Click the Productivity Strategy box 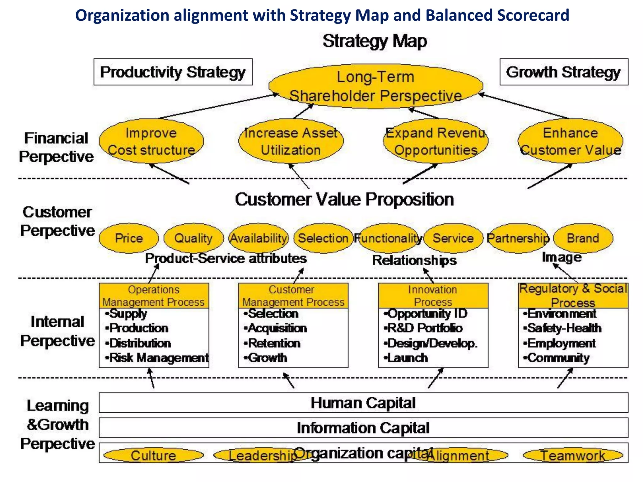(x=173, y=72)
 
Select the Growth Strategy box (x=564, y=72)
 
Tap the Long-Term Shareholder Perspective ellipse (x=376, y=86)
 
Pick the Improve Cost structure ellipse (x=151, y=141)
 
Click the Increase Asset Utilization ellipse (x=291, y=141)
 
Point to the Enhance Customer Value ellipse (x=570, y=141)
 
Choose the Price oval (x=129, y=238)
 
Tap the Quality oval (x=193, y=238)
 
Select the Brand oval (x=583, y=238)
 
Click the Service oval (x=453, y=238)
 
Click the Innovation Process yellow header (x=433, y=296)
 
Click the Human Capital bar (x=363, y=403)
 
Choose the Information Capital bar (x=363, y=428)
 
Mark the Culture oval (x=154, y=455)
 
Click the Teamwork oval (x=573, y=455)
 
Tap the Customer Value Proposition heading (x=344, y=200)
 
